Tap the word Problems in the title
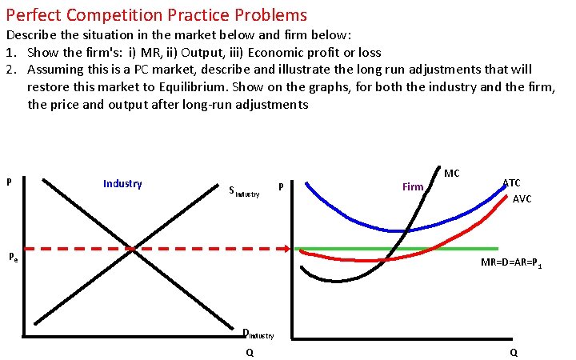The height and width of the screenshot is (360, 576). (267, 14)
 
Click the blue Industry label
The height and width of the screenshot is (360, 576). (122, 184)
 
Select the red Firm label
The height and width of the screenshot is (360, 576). (413, 187)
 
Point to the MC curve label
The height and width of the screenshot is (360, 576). (452, 173)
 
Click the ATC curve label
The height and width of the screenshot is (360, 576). (511, 183)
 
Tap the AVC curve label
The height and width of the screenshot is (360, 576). (522, 198)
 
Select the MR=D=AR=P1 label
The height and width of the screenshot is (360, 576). (512, 262)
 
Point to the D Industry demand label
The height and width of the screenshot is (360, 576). (258, 334)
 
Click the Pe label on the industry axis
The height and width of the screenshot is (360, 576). (13, 258)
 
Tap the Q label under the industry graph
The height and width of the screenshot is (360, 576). (250, 352)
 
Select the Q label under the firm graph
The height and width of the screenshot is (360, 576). (513, 352)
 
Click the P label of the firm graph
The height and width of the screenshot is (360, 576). (282, 187)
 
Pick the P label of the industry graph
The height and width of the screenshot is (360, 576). (9, 182)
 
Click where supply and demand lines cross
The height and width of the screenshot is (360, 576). (134, 249)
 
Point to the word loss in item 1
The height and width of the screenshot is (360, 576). (370, 53)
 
